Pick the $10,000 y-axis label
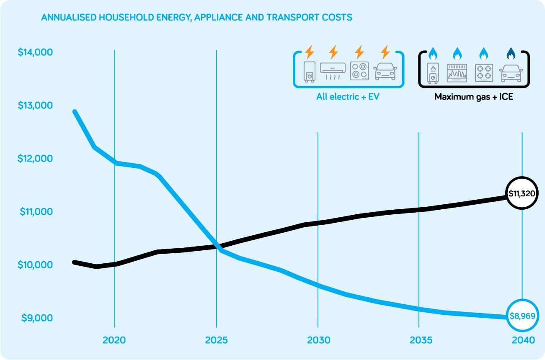[35, 265]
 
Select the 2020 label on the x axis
[114, 340]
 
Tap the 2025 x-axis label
[216, 340]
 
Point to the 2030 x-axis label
[318, 340]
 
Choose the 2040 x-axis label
[522, 340]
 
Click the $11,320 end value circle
[522, 193]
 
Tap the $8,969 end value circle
[522, 316]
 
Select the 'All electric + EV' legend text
[348, 97]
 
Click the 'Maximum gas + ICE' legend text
[474, 97]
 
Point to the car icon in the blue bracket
[386, 72]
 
